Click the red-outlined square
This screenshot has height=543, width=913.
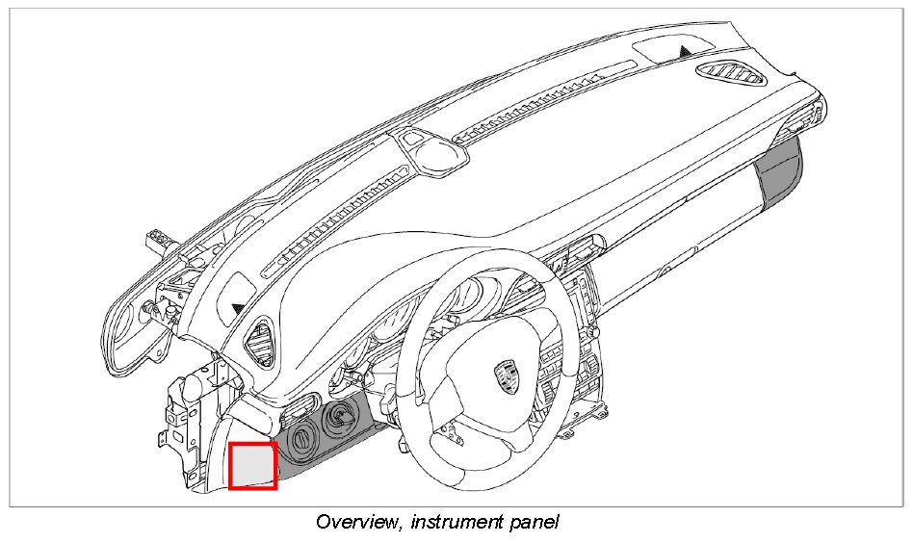[x=253, y=465]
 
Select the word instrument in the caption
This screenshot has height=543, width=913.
[x=453, y=523]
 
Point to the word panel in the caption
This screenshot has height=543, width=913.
[x=533, y=523]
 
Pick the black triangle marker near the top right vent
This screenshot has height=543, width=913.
[x=686, y=49]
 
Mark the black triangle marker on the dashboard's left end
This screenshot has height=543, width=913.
[x=238, y=307]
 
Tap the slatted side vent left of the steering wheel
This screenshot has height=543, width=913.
[x=259, y=342]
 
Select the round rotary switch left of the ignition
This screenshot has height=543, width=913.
[x=300, y=438]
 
